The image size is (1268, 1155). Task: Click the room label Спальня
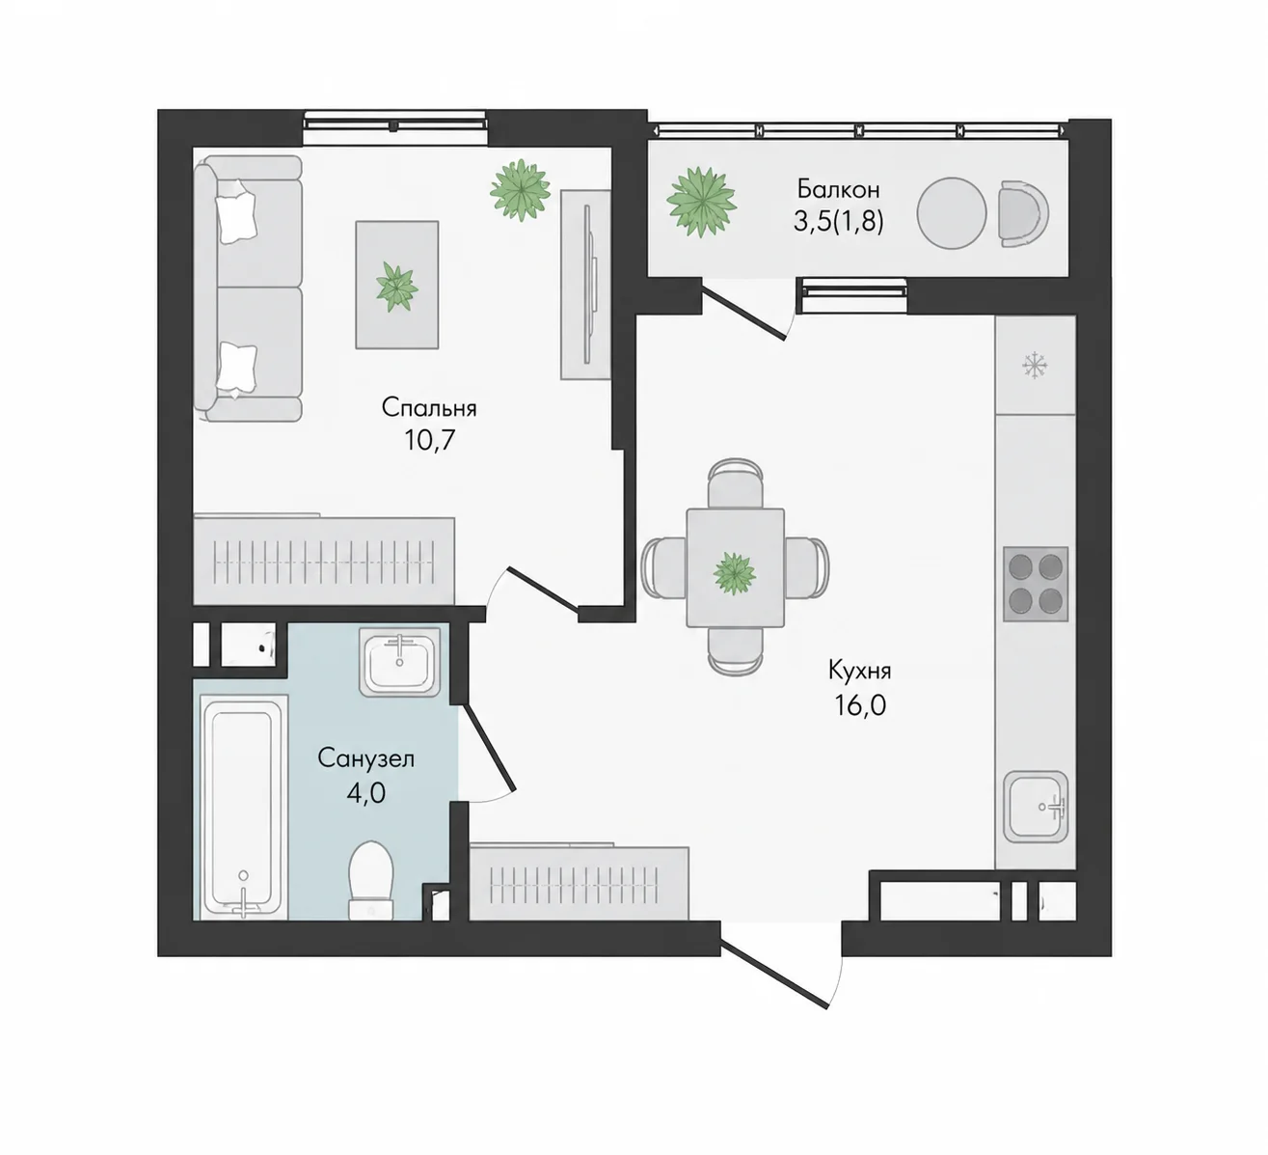tap(428, 408)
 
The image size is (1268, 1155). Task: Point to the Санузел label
tap(366, 757)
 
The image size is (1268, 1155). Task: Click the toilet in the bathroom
tap(371, 880)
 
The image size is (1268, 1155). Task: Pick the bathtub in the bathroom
tap(243, 807)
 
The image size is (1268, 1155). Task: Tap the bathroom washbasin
tap(399, 662)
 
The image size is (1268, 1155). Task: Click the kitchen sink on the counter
tap(1036, 807)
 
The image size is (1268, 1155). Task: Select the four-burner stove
tap(1036, 584)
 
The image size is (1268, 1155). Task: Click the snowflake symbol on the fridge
tap(1036, 366)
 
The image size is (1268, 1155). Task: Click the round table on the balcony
tap(952, 212)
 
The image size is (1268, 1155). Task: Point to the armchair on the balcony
tap(1023, 212)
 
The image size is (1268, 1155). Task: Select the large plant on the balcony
tap(702, 201)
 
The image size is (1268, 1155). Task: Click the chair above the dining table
tap(735, 483)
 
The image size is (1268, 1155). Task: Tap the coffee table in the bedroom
tap(397, 285)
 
